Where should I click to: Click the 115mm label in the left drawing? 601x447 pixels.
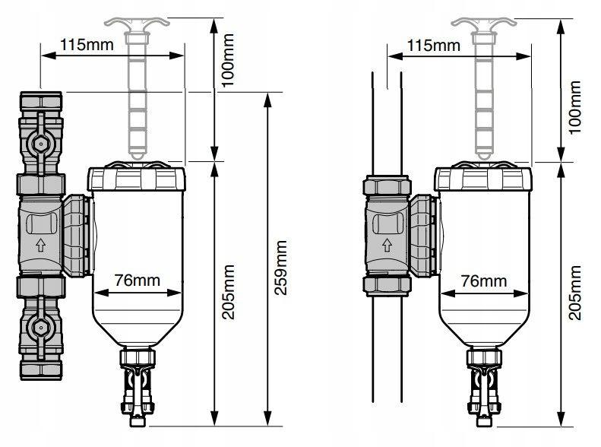(x=87, y=43)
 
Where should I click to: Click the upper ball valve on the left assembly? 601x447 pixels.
(x=37, y=142)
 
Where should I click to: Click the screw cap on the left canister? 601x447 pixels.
(x=137, y=179)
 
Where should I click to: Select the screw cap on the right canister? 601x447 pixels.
(x=483, y=179)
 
